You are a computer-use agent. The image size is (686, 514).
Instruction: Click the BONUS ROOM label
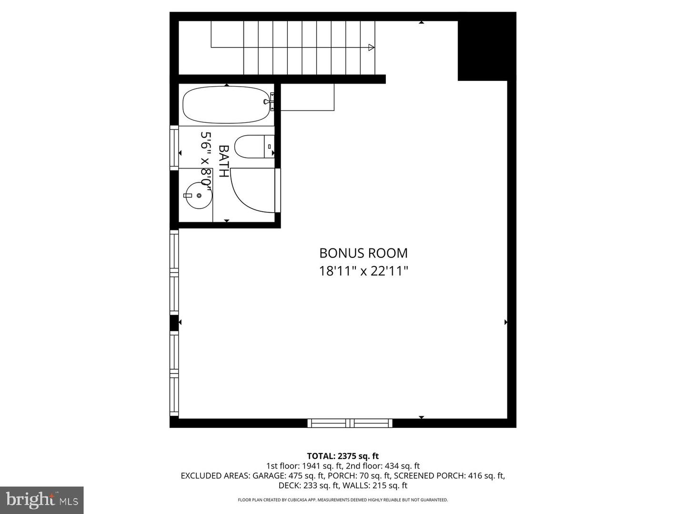(x=363, y=253)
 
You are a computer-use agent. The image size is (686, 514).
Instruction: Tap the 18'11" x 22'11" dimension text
(x=363, y=271)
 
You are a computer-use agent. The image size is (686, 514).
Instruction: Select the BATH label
(x=223, y=161)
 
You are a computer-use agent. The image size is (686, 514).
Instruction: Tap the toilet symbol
(x=252, y=147)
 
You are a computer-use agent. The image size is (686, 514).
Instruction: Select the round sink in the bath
(x=198, y=196)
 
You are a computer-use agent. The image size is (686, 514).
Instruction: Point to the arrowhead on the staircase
(x=371, y=47)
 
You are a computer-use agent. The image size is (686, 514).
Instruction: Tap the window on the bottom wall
(x=350, y=423)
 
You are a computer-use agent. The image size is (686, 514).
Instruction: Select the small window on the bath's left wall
(x=174, y=147)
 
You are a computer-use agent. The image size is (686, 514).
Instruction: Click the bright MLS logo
(x=42, y=500)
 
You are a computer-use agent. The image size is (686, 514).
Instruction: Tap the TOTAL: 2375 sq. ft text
(x=343, y=456)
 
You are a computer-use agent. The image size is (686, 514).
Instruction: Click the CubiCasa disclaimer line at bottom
(x=343, y=500)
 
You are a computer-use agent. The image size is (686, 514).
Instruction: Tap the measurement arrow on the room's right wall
(x=506, y=322)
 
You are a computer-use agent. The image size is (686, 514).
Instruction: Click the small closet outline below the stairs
(x=307, y=97)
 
